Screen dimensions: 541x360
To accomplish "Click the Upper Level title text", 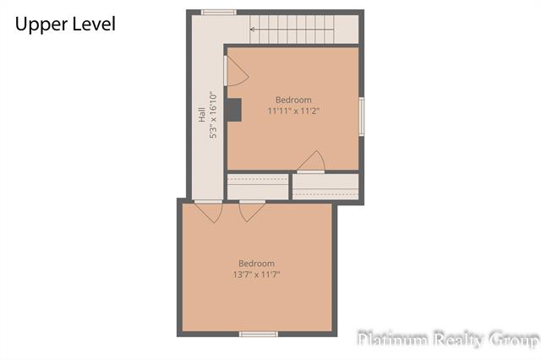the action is pos(65,25).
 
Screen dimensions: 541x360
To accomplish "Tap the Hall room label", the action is pos(202,115).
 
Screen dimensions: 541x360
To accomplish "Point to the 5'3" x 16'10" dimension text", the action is pos(213,115).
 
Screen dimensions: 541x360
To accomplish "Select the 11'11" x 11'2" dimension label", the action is pos(293,111).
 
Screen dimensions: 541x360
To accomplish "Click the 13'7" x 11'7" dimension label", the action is pos(256,275).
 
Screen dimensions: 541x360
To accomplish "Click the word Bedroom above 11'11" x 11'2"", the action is pos(293,100).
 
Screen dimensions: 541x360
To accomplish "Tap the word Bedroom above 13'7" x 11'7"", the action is pos(257,264).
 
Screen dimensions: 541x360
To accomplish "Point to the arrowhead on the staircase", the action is pos(253,30).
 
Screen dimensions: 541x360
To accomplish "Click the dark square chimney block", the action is pos(234,110).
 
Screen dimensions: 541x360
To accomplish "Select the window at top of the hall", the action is pos(219,13).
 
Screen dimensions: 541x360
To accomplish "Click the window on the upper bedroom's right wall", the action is pos(362,117).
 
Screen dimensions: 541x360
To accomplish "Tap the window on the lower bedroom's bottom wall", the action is pos(259,334).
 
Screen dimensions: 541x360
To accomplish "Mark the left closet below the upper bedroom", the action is pos(258,187).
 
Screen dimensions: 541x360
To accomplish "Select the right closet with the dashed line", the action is pos(325,187).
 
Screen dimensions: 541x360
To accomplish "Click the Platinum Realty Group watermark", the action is pos(448,339).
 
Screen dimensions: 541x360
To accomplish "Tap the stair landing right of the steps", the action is pos(347,30).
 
